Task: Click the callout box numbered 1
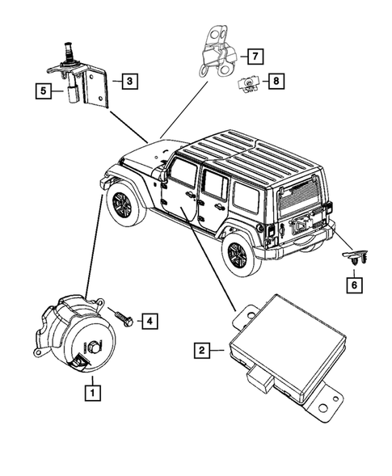[x=94, y=394]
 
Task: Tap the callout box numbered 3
[x=128, y=80]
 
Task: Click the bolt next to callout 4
[x=124, y=316]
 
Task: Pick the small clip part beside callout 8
[x=246, y=83]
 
